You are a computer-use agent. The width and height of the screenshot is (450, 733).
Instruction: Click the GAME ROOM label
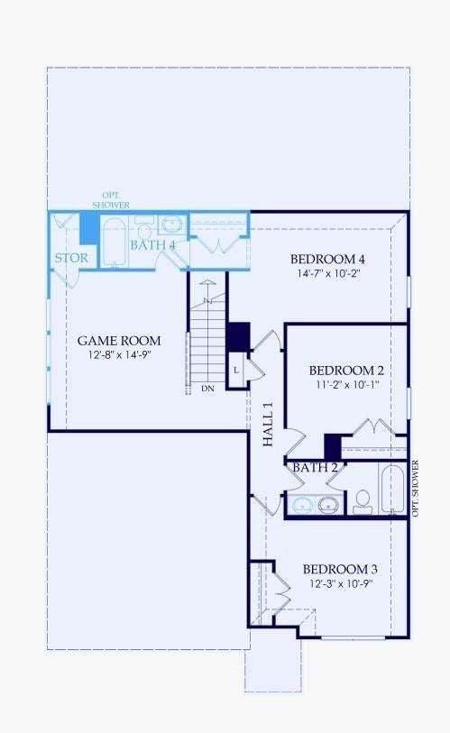[119, 341]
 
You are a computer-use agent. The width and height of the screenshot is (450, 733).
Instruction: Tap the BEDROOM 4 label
[327, 259]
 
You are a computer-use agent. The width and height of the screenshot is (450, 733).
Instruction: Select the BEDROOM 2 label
[346, 371]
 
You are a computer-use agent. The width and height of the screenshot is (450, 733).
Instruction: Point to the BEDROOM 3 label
[340, 570]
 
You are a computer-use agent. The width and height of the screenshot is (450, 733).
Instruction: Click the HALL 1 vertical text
[268, 425]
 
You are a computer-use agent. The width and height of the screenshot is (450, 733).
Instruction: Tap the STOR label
[71, 258]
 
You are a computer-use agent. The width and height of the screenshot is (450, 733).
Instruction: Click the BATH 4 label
[153, 245]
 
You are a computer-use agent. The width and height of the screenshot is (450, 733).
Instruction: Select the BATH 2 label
[316, 467]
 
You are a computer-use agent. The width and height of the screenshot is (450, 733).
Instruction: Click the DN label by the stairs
[207, 389]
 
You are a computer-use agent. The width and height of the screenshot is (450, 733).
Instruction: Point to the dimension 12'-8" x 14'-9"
[120, 355]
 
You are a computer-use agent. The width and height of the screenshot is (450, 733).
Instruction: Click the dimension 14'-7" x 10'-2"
[327, 273]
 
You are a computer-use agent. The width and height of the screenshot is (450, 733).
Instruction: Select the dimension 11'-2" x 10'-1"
[346, 385]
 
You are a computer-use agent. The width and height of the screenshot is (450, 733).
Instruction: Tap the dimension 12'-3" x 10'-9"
[341, 584]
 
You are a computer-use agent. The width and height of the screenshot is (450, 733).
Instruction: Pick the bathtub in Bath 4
[115, 243]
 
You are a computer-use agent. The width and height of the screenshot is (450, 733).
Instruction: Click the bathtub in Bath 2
[392, 489]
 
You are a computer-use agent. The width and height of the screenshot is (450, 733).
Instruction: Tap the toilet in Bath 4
[144, 227]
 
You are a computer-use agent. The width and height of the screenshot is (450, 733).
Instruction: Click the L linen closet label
[236, 371]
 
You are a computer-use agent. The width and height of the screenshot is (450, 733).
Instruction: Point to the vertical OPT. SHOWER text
[415, 489]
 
